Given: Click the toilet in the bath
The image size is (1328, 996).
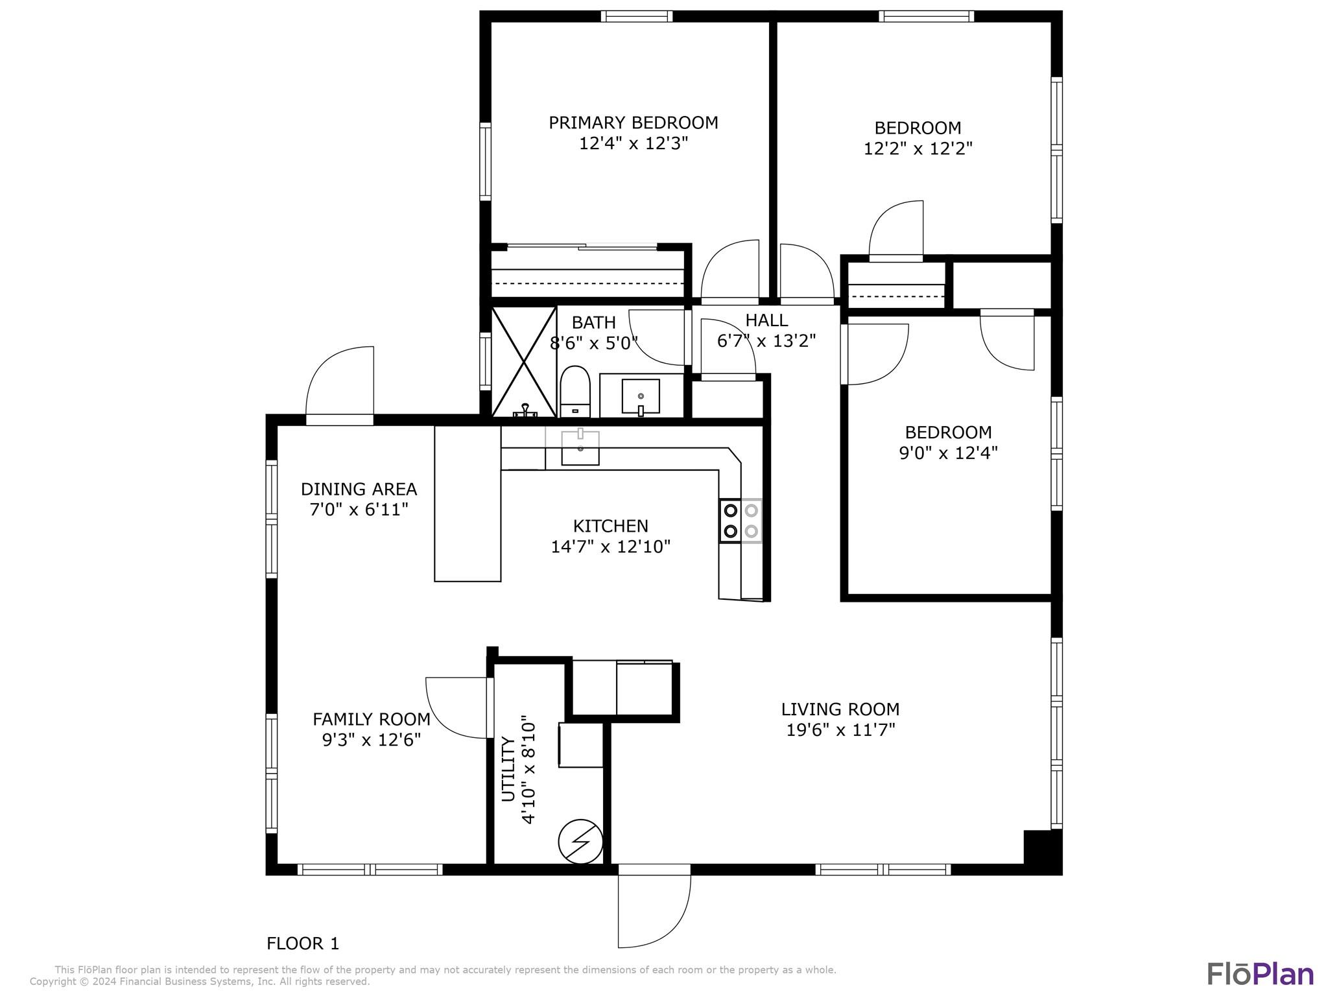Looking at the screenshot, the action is click(x=575, y=392).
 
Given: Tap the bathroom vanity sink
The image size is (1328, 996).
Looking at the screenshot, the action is click(x=641, y=396).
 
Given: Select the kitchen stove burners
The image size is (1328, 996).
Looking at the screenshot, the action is click(x=741, y=521).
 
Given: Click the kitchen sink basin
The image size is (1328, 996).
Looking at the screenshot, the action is click(x=580, y=447).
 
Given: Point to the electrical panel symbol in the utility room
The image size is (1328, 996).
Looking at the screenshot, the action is click(x=581, y=842).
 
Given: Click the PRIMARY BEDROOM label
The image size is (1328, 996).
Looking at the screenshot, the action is click(x=634, y=123).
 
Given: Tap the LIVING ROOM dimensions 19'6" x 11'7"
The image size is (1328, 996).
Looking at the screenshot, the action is click(x=840, y=730).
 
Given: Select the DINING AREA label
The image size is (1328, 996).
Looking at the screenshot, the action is click(x=359, y=489).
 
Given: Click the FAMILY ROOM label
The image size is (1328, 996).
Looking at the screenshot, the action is click(x=372, y=719).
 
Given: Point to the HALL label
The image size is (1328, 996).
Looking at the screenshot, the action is click(x=766, y=320).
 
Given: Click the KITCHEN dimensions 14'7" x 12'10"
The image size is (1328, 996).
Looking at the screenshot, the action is click(x=610, y=547).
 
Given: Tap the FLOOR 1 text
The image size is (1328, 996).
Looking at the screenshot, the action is click(x=303, y=943).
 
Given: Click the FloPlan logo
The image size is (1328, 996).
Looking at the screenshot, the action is click(x=1260, y=974).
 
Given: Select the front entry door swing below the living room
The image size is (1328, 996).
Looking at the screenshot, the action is click(x=654, y=905).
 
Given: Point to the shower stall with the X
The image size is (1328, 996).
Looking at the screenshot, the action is click(x=524, y=362).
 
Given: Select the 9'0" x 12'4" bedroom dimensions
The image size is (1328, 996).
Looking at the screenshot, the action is click(x=948, y=453).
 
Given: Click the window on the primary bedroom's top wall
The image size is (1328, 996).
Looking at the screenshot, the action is click(x=636, y=16).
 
